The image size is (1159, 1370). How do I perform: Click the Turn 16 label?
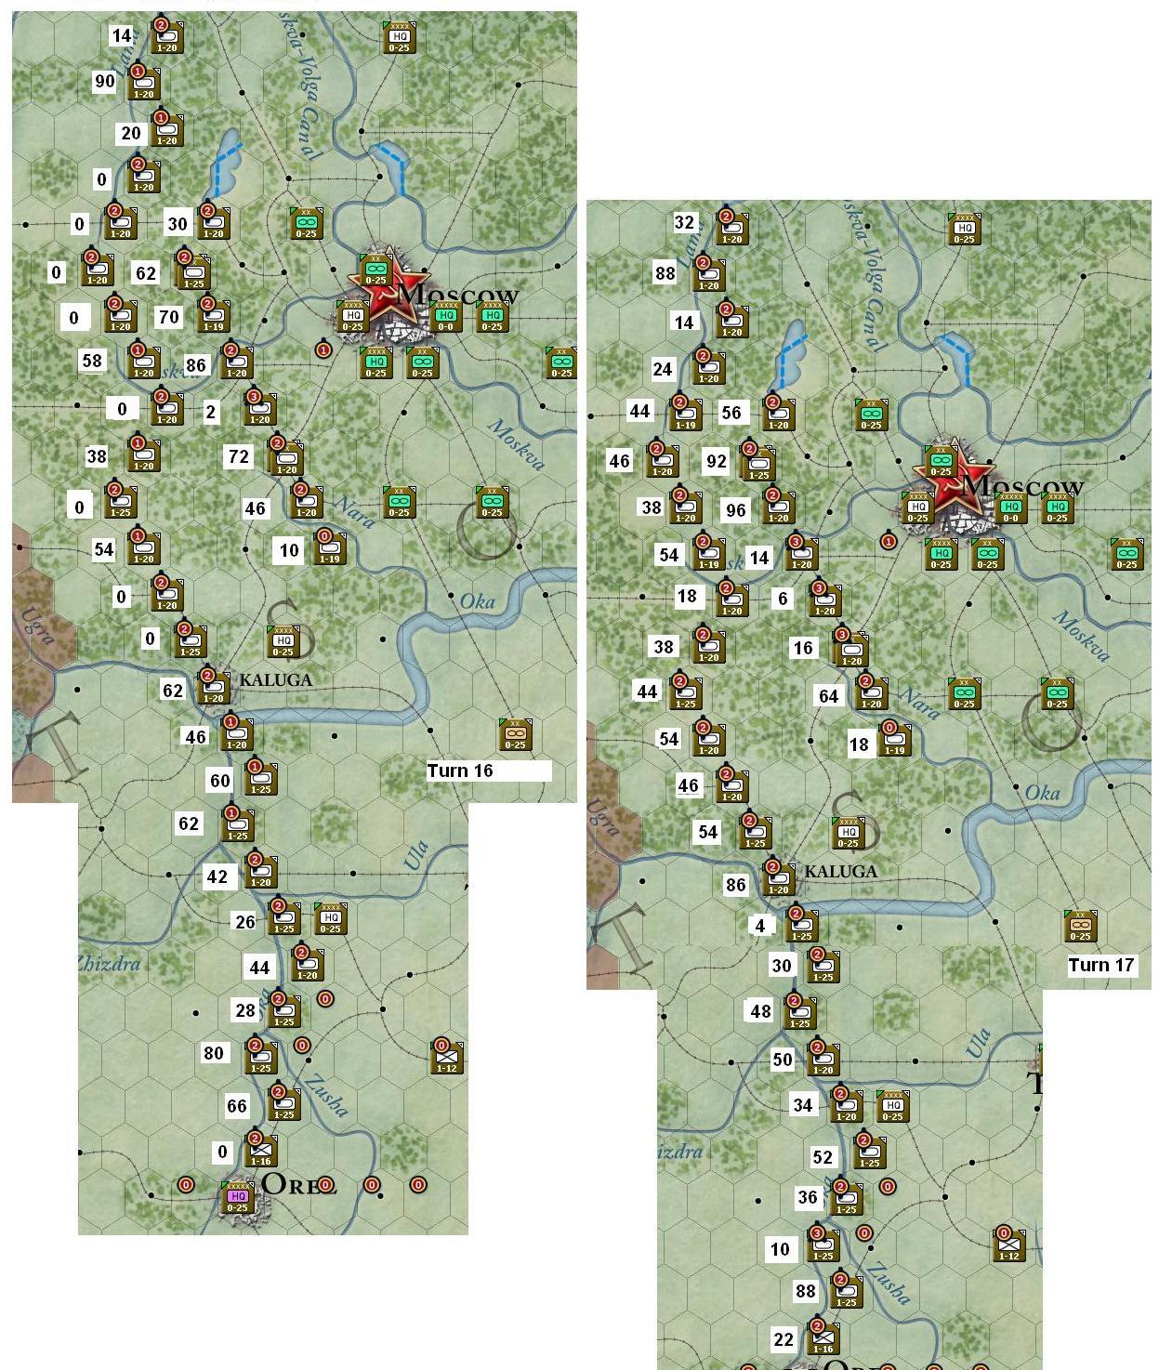(461, 771)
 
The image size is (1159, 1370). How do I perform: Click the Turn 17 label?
(1101, 965)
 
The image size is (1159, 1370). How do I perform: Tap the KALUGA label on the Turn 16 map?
(275, 679)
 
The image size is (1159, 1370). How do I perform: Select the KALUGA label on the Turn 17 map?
(840, 872)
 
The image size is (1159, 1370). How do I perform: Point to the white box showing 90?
(105, 82)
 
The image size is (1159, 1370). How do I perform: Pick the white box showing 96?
(736, 509)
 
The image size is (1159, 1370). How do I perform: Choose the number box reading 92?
(716, 460)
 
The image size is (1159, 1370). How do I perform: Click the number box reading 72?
(239, 456)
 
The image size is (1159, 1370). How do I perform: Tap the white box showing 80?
(214, 1053)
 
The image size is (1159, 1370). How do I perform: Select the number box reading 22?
(784, 1339)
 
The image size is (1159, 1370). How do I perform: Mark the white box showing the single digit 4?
(760, 926)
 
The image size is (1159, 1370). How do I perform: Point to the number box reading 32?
(684, 222)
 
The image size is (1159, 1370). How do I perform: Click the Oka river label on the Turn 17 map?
(1042, 793)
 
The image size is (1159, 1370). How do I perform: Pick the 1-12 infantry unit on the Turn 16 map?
(447, 1057)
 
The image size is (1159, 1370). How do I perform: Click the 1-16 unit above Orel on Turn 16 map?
(260, 1150)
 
